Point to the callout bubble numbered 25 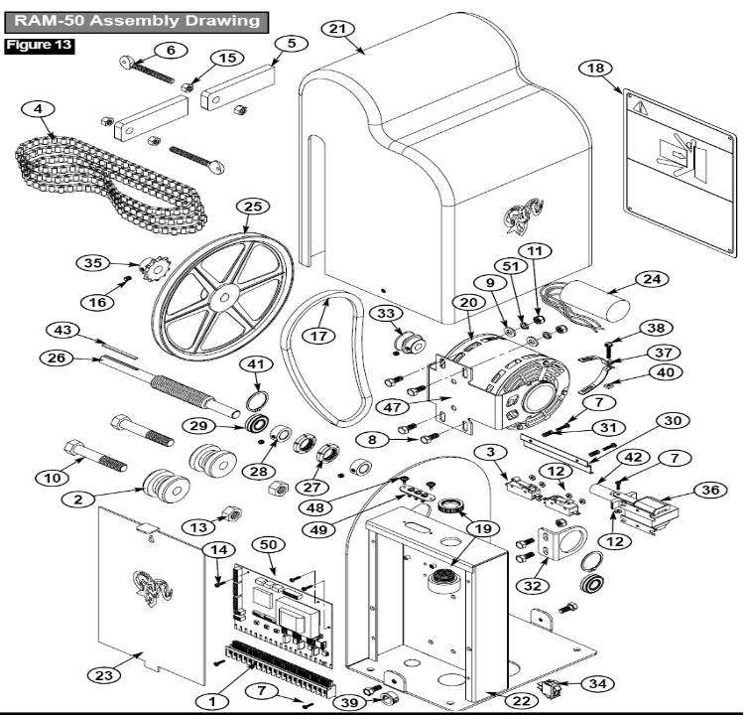tap(254, 207)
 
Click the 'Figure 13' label tap(41, 45)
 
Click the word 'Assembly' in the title tap(171, 20)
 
